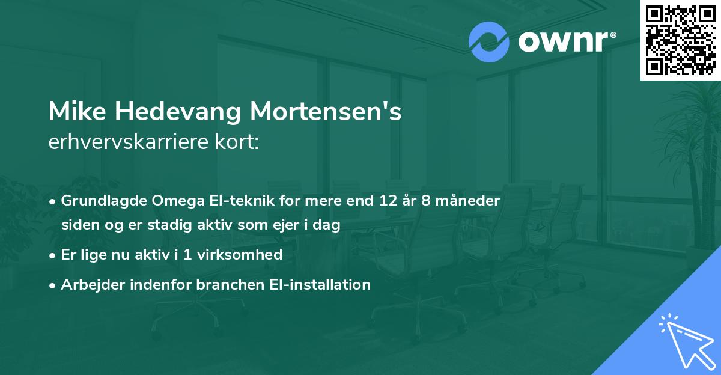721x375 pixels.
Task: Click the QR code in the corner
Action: (681, 40)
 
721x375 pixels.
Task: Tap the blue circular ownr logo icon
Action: (488, 42)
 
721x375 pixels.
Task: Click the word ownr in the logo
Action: (562, 42)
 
